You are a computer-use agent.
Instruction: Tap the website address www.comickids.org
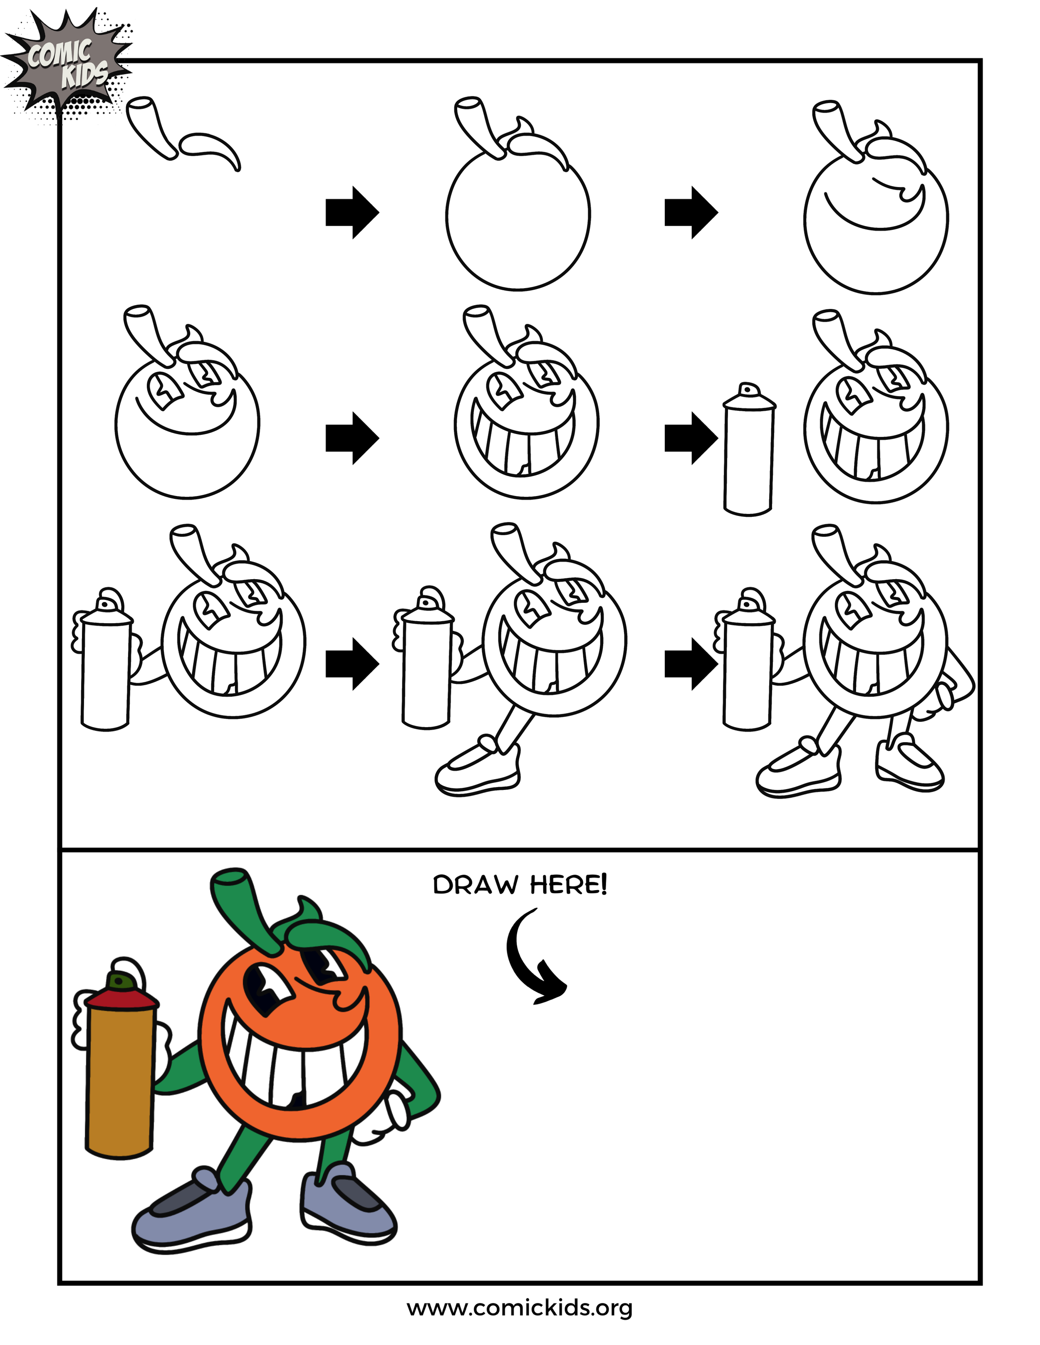(520, 1308)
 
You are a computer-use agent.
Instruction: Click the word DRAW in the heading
(475, 885)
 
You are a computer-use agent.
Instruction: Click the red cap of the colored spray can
(121, 998)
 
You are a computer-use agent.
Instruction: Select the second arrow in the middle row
(691, 438)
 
